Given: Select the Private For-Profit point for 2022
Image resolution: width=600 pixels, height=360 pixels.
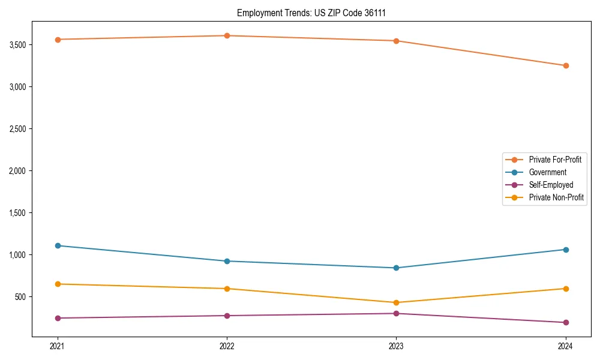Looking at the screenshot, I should tap(227, 35).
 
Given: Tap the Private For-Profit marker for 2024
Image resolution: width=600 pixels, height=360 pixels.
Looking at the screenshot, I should tap(565, 65).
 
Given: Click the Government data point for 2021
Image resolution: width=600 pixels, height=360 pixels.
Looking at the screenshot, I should tap(58, 245).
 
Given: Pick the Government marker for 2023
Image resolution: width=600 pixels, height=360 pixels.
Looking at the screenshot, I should tap(396, 268).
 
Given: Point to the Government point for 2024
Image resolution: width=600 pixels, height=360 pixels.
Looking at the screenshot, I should tap(565, 250).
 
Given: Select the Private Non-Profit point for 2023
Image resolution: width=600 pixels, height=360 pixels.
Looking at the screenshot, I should tap(396, 302).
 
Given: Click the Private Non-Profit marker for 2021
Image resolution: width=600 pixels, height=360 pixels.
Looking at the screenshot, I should tap(58, 284).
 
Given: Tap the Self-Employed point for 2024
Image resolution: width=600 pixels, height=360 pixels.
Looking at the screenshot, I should tap(565, 322).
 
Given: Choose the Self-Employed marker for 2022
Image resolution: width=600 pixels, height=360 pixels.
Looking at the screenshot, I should tap(227, 316).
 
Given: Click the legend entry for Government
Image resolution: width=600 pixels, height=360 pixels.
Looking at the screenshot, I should tap(547, 172).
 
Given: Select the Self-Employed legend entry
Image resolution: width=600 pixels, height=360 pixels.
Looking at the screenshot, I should tap(551, 185).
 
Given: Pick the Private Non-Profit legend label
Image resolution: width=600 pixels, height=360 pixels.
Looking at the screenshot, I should tap(556, 197).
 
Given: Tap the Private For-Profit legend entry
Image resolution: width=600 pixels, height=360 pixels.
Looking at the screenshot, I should tap(555, 160).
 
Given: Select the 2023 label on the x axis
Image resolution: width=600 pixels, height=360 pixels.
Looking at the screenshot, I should tap(396, 346).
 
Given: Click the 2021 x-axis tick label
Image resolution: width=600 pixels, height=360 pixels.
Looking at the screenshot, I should tap(58, 346).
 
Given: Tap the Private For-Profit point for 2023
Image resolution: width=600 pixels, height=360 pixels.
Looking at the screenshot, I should tap(396, 41).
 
